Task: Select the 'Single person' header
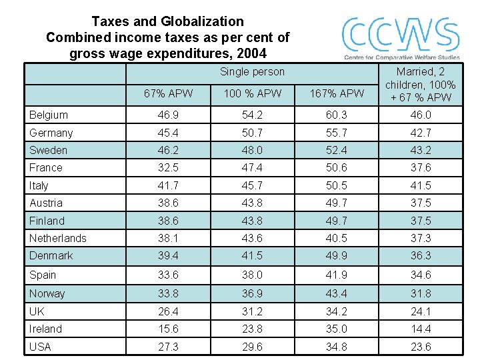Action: click(x=252, y=71)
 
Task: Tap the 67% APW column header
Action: click(x=168, y=93)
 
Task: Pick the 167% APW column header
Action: click(x=336, y=93)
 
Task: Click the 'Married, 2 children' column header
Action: click(x=420, y=85)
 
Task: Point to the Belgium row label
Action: click(x=48, y=115)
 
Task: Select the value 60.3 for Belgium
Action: click(x=336, y=115)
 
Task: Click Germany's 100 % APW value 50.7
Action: click(x=252, y=133)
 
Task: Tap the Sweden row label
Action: click(x=48, y=150)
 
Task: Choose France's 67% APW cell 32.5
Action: click(x=168, y=167)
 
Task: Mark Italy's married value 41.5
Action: click(x=420, y=185)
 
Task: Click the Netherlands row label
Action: click(x=57, y=238)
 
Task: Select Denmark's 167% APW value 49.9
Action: click(x=336, y=255)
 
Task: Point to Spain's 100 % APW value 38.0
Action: click(x=252, y=275)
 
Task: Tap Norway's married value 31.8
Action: click(x=420, y=293)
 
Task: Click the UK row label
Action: click(x=37, y=311)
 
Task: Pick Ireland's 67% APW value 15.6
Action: click(x=168, y=329)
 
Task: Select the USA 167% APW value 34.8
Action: click(x=336, y=347)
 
